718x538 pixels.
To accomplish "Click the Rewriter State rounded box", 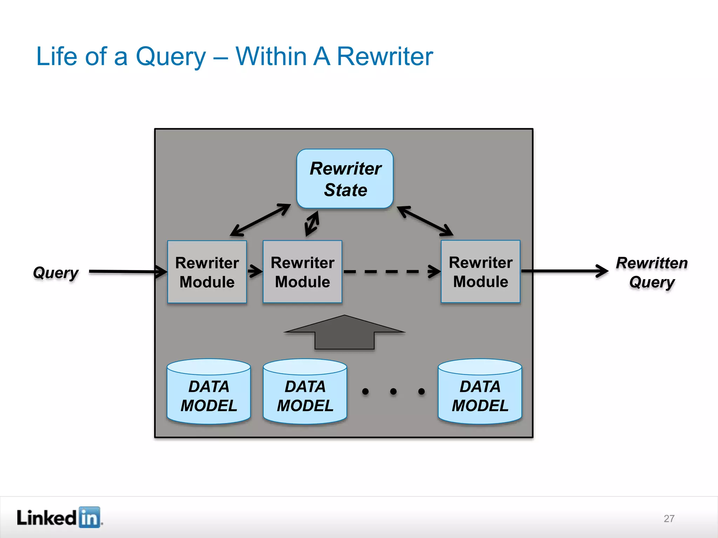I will point(345,179).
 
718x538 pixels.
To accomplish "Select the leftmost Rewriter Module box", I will point(207,272).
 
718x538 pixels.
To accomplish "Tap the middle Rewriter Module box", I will point(302,272).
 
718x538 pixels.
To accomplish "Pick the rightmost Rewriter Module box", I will point(480,271).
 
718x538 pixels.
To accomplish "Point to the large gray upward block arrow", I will point(344,333).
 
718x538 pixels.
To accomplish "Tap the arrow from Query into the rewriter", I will point(126,271).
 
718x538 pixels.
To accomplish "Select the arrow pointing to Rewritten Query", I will point(564,271).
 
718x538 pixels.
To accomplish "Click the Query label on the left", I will point(55,273).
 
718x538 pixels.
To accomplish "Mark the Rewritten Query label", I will point(651,272).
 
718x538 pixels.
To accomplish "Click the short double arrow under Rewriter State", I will point(312,223).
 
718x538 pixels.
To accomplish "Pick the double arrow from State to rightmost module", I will point(425,221).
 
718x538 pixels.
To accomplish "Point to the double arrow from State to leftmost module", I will point(260,220).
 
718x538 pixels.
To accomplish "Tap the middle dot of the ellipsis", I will point(393,391).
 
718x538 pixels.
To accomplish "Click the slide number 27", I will point(669,518).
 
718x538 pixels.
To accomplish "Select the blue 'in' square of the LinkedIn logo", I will point(89,517).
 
